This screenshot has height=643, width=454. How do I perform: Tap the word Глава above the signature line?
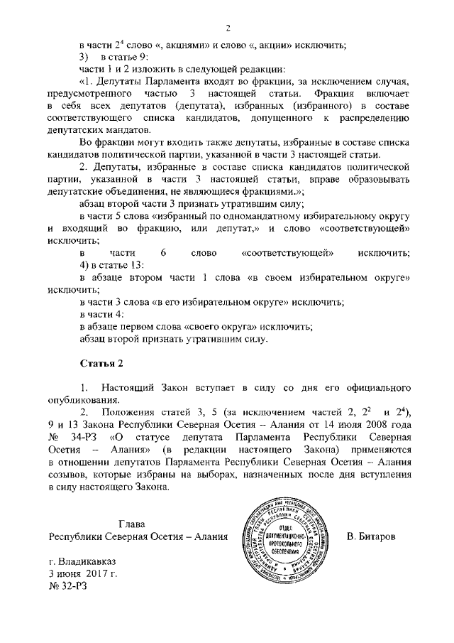[x=134, y=523]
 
